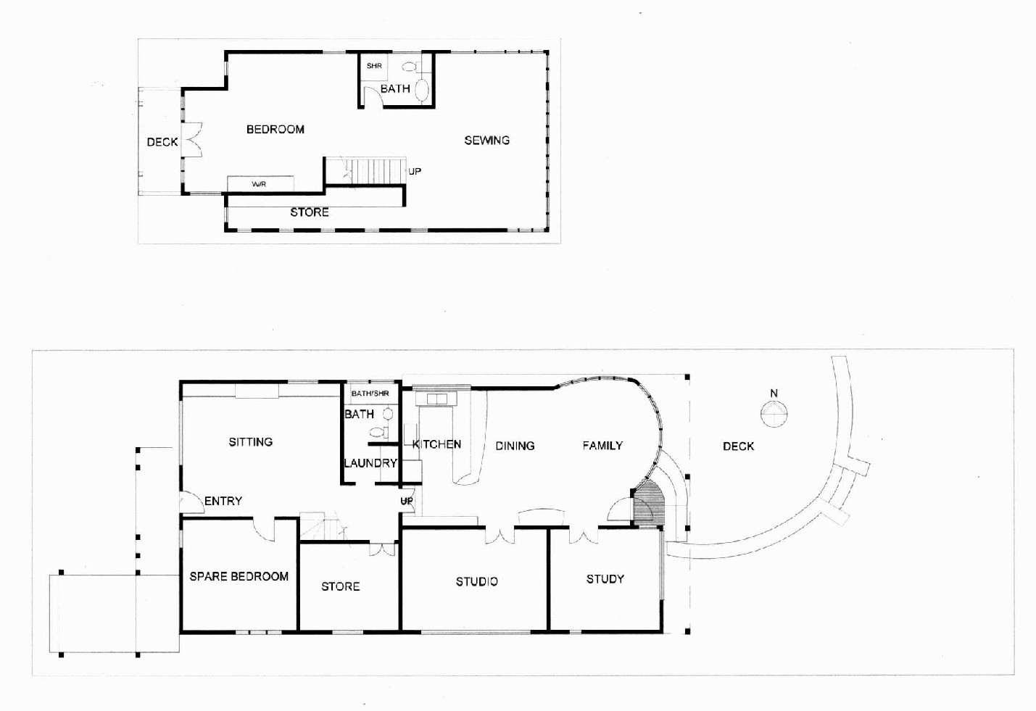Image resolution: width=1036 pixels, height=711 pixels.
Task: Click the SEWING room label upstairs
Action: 486,140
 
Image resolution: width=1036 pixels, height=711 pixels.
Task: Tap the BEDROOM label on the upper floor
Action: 275,130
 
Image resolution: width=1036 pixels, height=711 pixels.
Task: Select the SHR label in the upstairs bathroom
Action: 374,66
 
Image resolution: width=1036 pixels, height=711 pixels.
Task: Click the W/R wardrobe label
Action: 259,184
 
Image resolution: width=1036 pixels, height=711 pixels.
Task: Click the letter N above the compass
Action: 774,394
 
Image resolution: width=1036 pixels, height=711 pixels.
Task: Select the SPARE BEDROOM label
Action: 239,576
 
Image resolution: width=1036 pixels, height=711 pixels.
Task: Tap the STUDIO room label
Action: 477,581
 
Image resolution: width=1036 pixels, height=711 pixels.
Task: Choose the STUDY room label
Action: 605,579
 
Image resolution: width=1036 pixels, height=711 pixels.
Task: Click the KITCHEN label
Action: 436,444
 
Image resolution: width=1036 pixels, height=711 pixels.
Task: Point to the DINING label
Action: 515,446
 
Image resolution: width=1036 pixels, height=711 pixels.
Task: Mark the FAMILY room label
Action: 602,445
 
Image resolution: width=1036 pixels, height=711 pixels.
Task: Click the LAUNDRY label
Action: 370,462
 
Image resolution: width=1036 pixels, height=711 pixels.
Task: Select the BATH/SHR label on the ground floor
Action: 370,394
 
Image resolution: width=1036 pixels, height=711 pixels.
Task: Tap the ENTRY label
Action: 223,501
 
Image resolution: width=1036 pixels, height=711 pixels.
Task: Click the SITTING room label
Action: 251,441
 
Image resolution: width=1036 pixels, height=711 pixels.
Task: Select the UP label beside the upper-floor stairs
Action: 415,172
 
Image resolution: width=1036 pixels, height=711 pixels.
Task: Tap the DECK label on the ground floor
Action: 738,446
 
